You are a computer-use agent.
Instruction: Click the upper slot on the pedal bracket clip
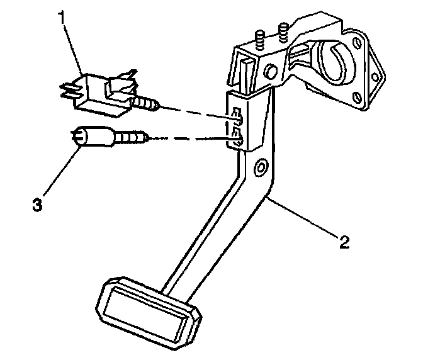(x=237, y=115)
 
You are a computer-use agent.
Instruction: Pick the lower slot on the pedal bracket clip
(x=237, y=134)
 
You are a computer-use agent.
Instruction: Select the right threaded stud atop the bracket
(x=283, y=29)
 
